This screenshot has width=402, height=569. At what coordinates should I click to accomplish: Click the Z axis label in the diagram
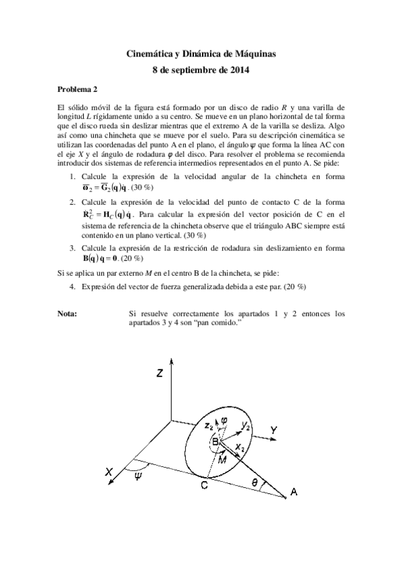(x=160, y=374)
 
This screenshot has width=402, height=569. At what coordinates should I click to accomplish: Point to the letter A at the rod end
(x=293, y=495)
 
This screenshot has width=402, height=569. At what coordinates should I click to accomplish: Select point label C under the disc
(x=204, y=487)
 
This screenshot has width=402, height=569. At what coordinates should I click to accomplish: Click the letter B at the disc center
(x=215, y=442)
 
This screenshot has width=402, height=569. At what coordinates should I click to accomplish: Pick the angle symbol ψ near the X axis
(x=138, y=476)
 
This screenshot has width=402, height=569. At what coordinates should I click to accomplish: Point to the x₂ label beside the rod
(x=240, y=446)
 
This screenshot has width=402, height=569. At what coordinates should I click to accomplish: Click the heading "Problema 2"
(x=77, y=88)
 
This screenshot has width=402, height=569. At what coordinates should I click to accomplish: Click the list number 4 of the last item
(x=72, y=286)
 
